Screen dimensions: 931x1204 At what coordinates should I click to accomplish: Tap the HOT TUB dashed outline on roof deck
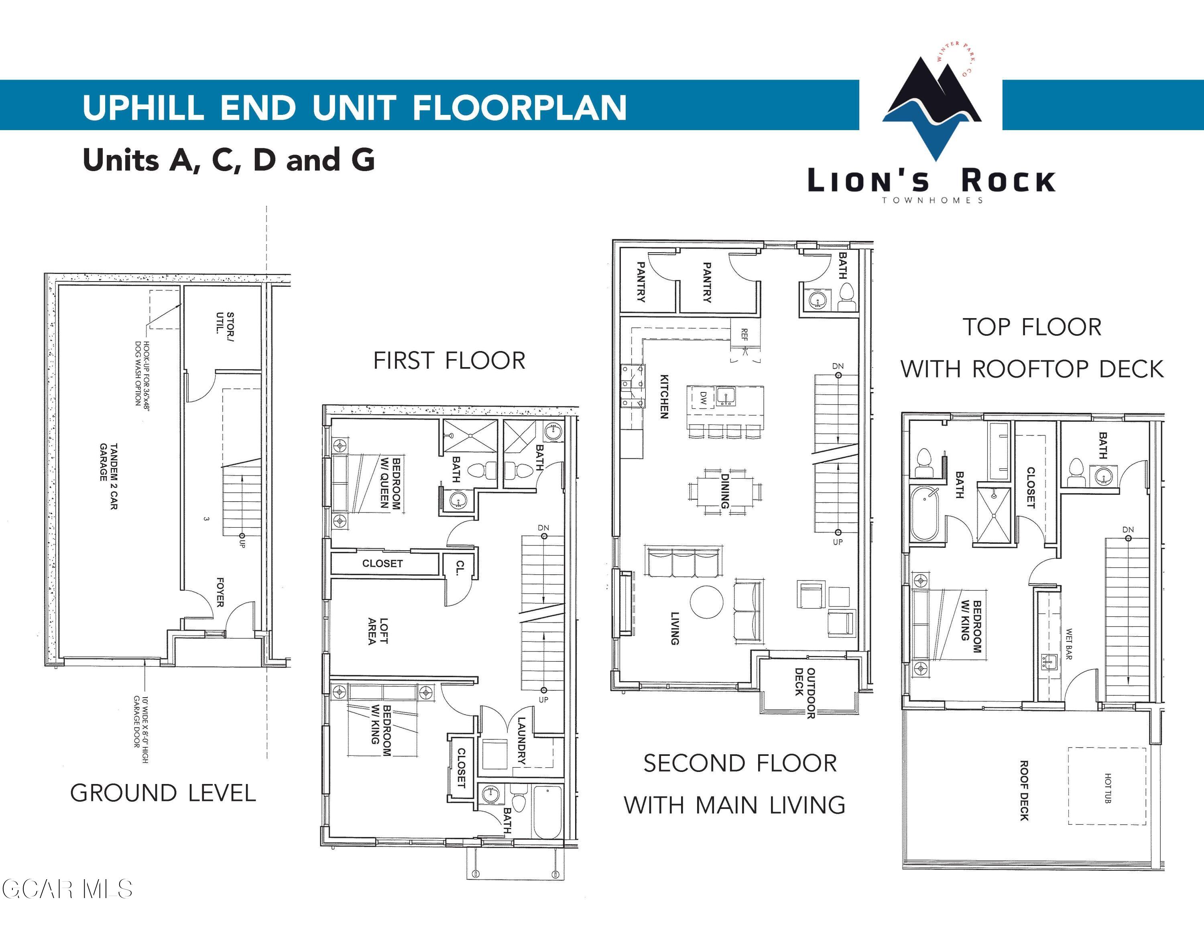[1107, 786]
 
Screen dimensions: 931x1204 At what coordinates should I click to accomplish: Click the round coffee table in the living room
[706, 602]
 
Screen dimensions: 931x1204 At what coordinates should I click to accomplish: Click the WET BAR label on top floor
[1068, 644]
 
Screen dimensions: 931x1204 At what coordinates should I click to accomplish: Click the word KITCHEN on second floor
[664, 396]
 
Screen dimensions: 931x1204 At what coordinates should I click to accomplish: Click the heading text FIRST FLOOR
[449, 361]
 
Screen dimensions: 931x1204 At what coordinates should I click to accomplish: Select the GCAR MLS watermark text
[67, 889]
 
